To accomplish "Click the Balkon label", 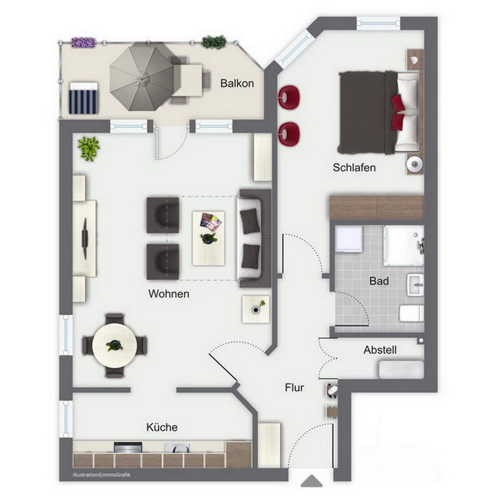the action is (x=237, y=83).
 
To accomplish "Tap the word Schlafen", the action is (x=354, y=167).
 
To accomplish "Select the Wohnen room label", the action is (x=169, y=294).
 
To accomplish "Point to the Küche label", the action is (x=162, y=427).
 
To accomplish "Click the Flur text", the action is (x=294, y=388).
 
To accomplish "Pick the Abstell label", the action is (x=380, y=350).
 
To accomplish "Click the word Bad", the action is (x=379, y=281).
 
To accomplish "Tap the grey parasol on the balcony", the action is (x=142, y=77).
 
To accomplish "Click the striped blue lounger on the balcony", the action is (x=84, y=98).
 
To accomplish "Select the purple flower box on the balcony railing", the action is (x=84, y=43).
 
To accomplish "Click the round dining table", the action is (x=115, y=345).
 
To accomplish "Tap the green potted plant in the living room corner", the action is (x=89, y=149).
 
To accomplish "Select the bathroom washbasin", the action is (x=416, y=285).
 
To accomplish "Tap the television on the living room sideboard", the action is (x=85, y=238).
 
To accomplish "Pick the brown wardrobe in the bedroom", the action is (x=376, y=208).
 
